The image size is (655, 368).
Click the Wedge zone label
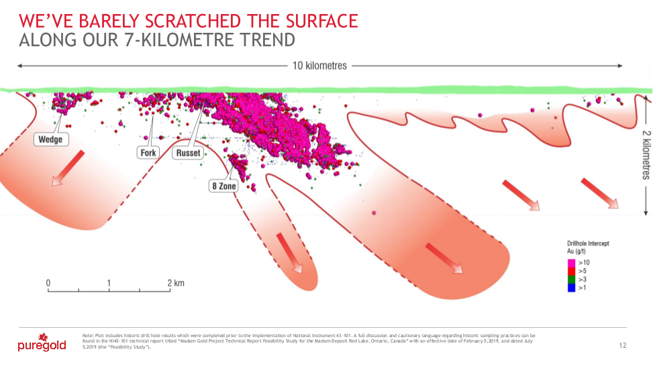pos(50,139)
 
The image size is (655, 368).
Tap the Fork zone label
pos(148,153)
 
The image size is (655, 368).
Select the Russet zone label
pos(188,153)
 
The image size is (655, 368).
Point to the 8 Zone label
pos(223,186)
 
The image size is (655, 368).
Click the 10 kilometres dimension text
pos(320,66)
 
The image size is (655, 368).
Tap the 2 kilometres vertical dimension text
pos(645,155)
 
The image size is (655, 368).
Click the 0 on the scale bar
pos(48,283)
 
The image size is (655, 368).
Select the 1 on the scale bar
pos(109,283)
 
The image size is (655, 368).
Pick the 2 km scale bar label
pos(176,283)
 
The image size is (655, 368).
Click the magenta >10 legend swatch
pos(571,263)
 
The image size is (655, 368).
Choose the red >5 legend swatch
pos(571,271)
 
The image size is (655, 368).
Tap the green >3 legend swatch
pos(571,279)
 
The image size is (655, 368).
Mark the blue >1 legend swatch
pos(571,287)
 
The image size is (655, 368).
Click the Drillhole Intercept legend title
pos(588,243)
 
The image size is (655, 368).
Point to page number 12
pos(622,346)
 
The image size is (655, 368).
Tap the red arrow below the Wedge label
pos(67,167)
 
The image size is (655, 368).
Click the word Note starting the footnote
pos(87,334)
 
